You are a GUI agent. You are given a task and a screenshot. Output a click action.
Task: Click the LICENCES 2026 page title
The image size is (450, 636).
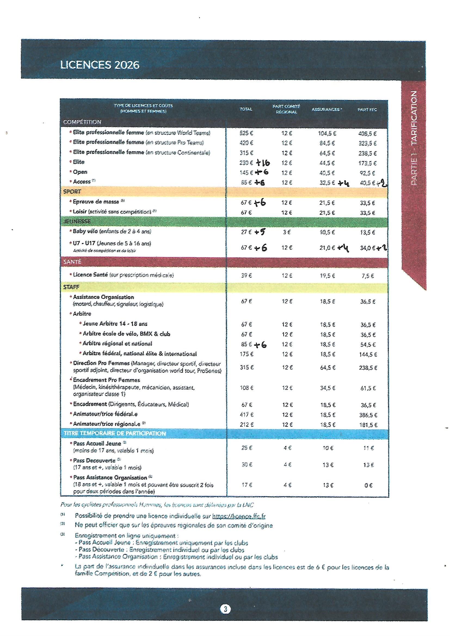100,65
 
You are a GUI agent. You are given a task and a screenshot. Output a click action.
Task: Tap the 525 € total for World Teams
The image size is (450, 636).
246,133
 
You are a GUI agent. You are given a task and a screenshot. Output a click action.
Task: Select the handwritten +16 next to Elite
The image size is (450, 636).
263,163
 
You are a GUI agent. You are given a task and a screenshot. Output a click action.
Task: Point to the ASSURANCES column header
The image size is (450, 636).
327,109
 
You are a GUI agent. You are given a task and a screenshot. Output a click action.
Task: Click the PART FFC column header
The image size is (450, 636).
367,110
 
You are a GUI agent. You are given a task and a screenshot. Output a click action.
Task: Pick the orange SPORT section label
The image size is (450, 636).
72,192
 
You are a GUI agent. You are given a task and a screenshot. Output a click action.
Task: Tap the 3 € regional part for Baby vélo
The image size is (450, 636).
287,232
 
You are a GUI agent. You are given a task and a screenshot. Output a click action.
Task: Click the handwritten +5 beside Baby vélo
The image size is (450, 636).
260,232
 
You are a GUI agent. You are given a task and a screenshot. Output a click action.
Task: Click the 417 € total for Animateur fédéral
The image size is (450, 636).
246,415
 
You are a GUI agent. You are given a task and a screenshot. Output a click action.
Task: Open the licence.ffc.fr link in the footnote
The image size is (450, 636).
239,516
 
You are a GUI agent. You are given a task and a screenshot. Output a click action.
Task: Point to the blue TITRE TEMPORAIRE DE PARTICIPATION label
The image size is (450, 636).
115,434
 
